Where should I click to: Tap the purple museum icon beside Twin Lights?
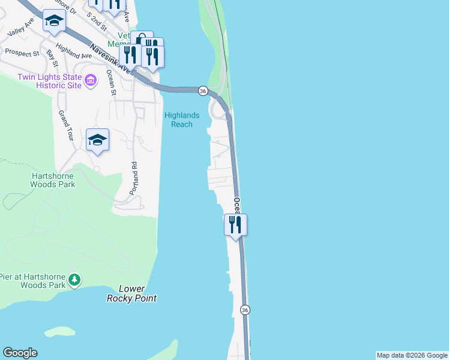pos(91,80)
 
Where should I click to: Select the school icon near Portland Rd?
pos(97,140)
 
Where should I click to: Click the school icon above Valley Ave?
pos(54,22)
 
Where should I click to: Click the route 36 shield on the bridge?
pos(203,91)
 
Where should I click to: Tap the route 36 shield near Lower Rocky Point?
pos(244,310)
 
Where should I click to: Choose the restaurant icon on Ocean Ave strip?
pos(235,225)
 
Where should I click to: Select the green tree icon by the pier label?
pos(74,280)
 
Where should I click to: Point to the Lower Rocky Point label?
pos(131,293)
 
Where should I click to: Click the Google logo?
pos(20,353)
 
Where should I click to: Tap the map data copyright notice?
pos(412,355)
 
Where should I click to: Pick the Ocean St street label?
pos(111,82)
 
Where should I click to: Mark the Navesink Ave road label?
pos(109,58)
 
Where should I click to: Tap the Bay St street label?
pos(52,59)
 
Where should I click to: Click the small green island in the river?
pos(60,331)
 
